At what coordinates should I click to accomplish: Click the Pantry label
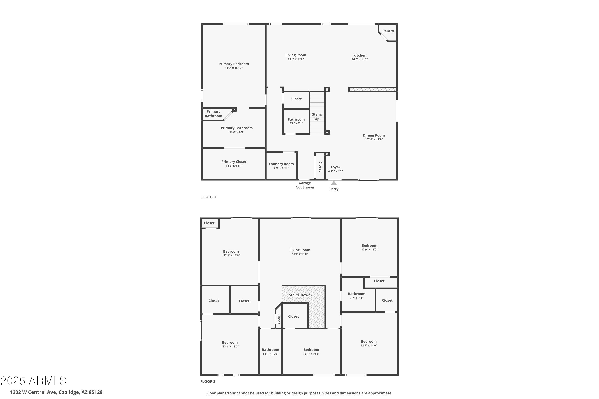[x=388, y=31]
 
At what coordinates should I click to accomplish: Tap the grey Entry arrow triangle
[x=334, y=183]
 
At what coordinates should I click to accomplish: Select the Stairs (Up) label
[x=317, y=117]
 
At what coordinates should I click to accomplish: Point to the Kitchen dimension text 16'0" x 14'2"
[x=360, y=59]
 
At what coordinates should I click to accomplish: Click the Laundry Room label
[x=281, y=164]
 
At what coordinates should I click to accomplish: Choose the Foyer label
[x=335, y=167]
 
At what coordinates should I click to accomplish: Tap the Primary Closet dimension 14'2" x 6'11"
[x=234, y=166]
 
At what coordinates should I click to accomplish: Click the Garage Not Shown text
[x=305, y=185]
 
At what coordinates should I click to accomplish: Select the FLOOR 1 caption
[x=209, y=197]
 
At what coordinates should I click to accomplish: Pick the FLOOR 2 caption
[x=208, y=381]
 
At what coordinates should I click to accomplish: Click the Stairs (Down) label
[x=300, y=295]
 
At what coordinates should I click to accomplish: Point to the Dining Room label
[x=374, y=135]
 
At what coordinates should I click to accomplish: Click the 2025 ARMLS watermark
[x=33, y=381]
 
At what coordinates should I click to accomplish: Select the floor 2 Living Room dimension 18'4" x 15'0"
[x=300, y=254]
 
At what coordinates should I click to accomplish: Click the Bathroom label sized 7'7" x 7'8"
[x=357, y=294]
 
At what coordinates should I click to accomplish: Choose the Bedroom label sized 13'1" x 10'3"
[x=311, y=350]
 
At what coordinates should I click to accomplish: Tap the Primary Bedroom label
[x=234, y=64]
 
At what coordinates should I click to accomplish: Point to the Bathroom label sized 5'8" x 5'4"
[x=296, y=120]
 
